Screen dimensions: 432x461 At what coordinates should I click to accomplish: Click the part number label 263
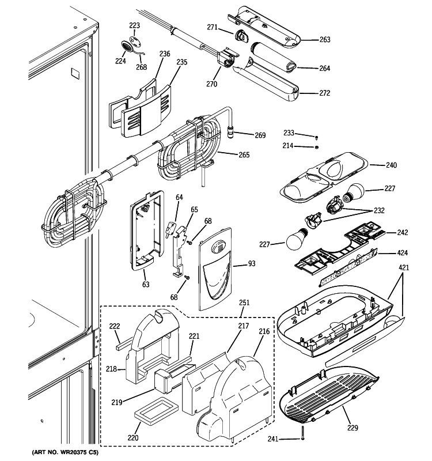click(x=325, y=39)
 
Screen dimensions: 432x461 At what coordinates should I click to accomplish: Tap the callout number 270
click(x=211, y=84)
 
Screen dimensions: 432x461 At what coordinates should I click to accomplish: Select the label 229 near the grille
click(x=353, y=428)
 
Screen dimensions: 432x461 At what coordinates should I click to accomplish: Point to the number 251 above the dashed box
click(x=244, y=303)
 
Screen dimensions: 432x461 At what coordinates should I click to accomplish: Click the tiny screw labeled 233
click(x=316, y=137)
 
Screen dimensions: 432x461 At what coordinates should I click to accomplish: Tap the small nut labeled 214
click(x=316, y=147)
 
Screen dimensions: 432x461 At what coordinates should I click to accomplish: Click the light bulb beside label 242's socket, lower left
click(x=297, y=238)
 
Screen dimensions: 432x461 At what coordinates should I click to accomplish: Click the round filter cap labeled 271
click(x=241, y=36)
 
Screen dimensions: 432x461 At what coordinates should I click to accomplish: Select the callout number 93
click(x=252, y=263)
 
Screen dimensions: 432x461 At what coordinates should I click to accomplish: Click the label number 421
click(x=404, y=267)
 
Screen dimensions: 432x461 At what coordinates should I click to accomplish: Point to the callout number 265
click(x=244, y=154)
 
